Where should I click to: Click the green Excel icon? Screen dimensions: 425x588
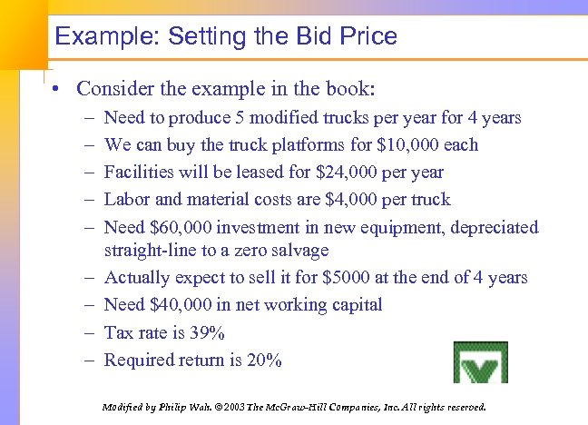(x=481, y=363)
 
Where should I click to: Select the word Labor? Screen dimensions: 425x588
(x=127, y=200)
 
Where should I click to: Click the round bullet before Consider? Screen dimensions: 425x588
(x=57, y=90)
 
